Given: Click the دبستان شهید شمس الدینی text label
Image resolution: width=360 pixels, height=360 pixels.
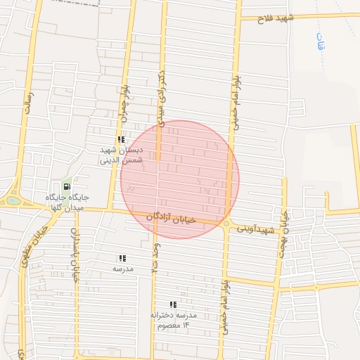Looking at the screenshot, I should click(120, 155).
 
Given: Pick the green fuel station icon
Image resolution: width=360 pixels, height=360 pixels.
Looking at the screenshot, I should click(67, 187).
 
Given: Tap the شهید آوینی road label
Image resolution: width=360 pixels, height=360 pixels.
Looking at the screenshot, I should click(255, 229).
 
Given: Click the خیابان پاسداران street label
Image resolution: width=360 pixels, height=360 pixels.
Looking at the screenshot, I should click(74, 253).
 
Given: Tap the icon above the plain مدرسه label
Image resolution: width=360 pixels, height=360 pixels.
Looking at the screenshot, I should click(123, 258).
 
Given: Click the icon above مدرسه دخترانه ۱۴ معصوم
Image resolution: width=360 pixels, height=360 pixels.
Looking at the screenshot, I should click(173, 304).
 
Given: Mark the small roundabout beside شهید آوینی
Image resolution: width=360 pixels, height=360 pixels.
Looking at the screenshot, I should click(226, 224).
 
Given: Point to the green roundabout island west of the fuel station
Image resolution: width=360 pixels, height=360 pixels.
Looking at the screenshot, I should click(13, 200).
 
